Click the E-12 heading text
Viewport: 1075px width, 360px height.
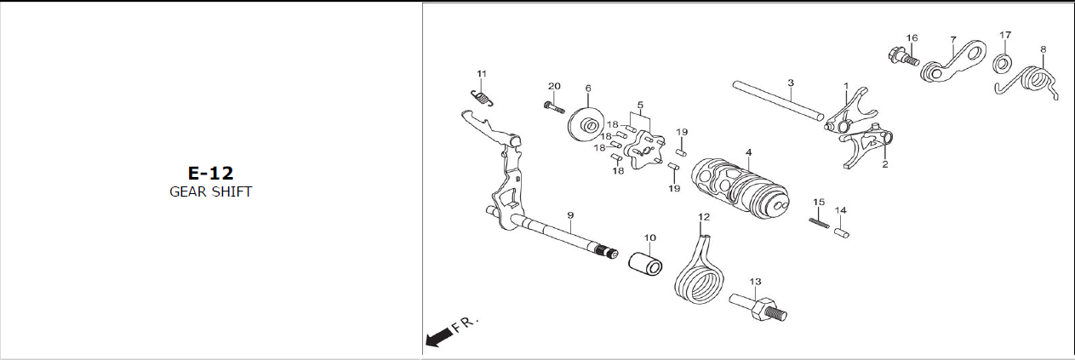coord(211,173)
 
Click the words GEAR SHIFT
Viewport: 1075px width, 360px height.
coord(211,192)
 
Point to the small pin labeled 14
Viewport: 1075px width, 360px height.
coord(841,233)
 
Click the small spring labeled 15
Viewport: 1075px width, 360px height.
coord(819,223)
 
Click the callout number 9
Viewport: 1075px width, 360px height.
coord(570,215)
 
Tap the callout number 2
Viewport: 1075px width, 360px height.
coord(885,164)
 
